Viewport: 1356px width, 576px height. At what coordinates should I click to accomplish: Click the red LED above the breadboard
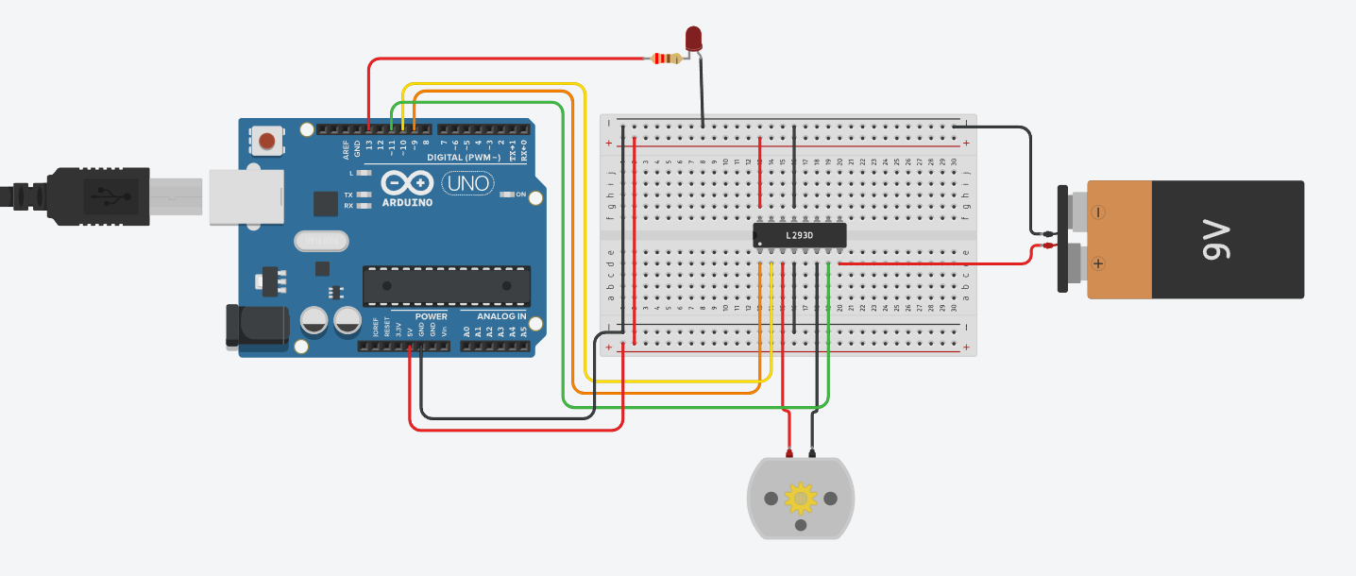694,38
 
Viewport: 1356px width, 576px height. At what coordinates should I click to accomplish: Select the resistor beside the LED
668,59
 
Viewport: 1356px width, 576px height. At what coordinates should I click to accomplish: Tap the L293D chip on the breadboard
799,235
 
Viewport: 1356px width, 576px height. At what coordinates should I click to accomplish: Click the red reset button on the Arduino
267,142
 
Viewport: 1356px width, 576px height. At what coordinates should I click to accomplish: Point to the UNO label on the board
467,182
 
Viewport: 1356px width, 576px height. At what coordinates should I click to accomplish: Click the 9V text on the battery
1215,240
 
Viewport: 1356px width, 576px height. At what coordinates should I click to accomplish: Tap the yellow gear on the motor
801,498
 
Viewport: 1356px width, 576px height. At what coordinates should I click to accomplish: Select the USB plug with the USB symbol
99,197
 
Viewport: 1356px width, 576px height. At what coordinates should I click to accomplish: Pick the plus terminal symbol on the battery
1097,263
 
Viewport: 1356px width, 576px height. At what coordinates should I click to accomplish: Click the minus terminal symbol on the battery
1097,213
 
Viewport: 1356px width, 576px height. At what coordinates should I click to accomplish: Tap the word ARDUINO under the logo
407,202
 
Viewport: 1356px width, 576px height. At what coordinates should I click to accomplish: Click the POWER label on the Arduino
432,316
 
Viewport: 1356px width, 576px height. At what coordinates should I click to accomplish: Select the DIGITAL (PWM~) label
464,157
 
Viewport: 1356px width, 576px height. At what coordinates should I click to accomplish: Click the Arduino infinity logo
407,182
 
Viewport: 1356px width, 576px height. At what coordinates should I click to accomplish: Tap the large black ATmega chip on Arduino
447,286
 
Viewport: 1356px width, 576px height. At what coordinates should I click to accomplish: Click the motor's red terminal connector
789,452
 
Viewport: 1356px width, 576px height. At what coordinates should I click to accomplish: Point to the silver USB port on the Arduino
246,196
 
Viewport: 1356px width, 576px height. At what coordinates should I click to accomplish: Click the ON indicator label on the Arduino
520,195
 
